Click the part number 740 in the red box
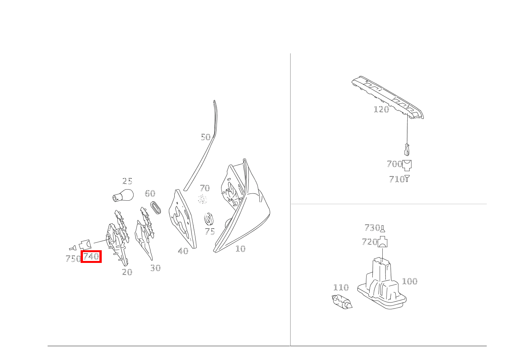(91, 256)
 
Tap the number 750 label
(73, 259)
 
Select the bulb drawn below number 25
(123, 195)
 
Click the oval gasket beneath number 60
(155, 207)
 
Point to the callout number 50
(206, 137)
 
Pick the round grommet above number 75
(208, 219)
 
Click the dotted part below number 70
(202, 200)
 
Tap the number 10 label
(240, 249)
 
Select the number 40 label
(183, 251)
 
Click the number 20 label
(127, 272)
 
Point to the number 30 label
(155, 268)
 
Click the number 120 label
(381, 109)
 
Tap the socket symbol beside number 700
(407, 165)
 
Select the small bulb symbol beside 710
(407, 178)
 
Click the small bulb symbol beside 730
(383, 228)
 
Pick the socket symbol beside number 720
(382, 242)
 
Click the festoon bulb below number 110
(342, 302)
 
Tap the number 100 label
(410, 281)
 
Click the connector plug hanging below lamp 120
(407, 149)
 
